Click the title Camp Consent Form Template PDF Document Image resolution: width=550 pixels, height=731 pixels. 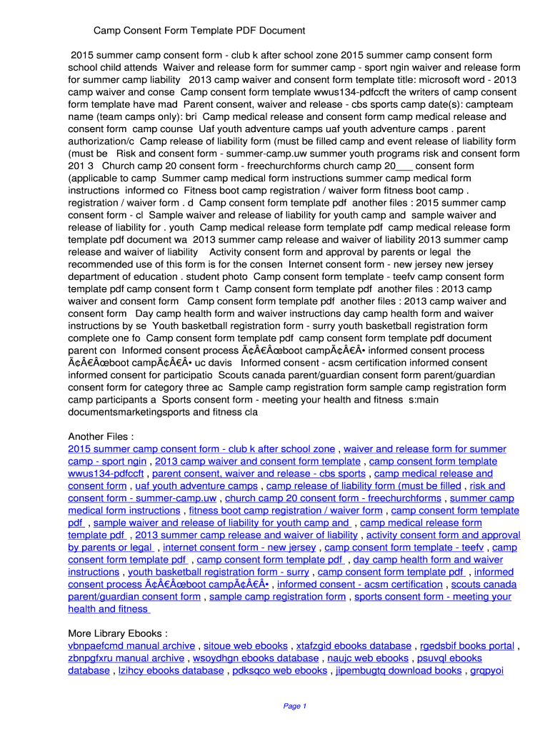click(x=199, y=31)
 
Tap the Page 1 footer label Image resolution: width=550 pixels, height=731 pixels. click(x=295, y=706)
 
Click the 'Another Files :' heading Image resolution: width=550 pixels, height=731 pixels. click(x=101, y=437)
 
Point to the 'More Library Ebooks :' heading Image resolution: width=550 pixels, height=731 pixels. click(x=118, y=633)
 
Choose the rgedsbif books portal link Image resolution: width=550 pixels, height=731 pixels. click(x=467, y=646)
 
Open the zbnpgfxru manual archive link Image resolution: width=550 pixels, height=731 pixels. click(x=126, y=658)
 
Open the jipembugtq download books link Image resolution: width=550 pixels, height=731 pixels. click(x=399, y=670)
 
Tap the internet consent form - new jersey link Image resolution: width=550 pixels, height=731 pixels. click(x=239, y=548)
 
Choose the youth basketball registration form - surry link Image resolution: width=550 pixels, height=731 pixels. click(x=219, y=572)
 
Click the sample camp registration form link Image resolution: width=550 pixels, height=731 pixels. click(x=277, y=597)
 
